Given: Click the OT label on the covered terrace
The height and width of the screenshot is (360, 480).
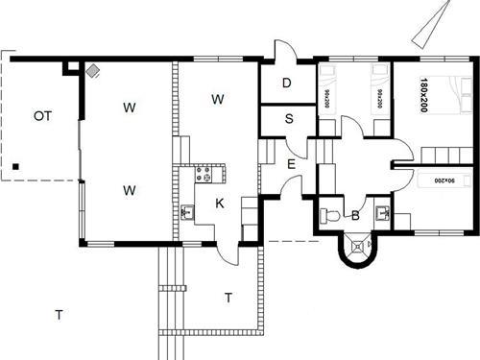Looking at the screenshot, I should pyautogui.click(x=41, y=116).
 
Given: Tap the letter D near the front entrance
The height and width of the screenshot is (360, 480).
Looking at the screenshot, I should pyautogui.click(x=286, y=84).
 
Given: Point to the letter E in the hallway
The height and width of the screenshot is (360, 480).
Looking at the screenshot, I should pyautogui.click(x=290, y=164).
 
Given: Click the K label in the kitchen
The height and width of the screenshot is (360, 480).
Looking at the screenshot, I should pyautogui.click(x=219, y=204).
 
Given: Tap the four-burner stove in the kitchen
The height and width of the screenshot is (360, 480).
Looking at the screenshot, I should pyautogui.click(x=203, y=176).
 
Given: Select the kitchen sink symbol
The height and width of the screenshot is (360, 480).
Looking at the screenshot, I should pyautogui.click(x=186, y=212).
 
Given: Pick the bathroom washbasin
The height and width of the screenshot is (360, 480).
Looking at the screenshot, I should pyautogui.click(x=383, y=213).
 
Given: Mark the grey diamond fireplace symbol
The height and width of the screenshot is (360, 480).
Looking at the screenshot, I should pyautogui.click(x=93, y=70).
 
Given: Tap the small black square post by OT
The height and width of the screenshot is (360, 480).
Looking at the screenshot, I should pyautogui.click(x=16, y=170).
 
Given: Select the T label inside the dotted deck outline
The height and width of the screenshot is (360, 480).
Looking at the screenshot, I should pyautogui.click(x=228, y=298).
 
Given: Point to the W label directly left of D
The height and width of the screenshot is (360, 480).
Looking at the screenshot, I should pyautogui.click(x=218, y=99).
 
